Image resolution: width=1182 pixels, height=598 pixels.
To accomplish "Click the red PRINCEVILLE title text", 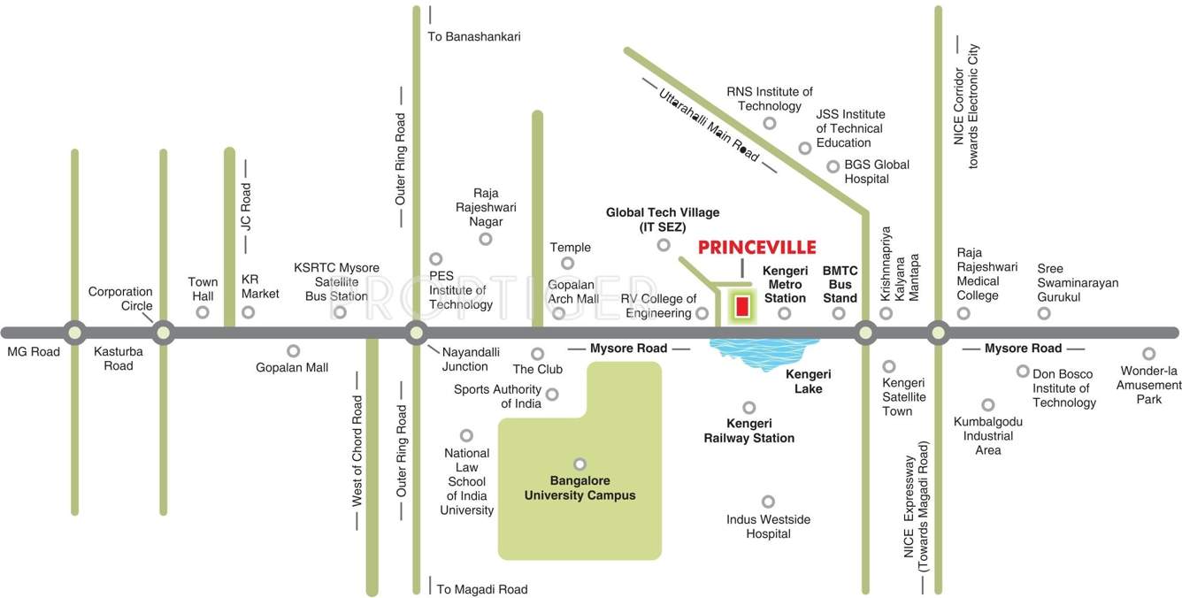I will [756, 248].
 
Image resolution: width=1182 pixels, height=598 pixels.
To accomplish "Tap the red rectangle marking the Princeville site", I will [741, 307].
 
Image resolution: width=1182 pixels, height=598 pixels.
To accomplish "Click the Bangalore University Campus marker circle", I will [579, 464].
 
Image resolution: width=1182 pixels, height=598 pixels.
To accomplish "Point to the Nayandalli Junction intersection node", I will [416, 333].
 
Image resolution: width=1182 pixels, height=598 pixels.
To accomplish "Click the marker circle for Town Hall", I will [203, 311].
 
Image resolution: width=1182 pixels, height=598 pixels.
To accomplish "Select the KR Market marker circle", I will [249, 311].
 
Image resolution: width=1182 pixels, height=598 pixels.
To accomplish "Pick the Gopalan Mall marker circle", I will [293, 351].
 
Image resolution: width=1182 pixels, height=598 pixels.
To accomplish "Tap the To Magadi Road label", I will [481, 589].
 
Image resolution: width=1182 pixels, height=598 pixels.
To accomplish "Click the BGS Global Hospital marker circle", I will [833, 166].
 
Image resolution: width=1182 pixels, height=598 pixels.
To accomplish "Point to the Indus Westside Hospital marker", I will [768, 502].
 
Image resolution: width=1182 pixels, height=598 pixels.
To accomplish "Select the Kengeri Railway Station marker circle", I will [749, 408].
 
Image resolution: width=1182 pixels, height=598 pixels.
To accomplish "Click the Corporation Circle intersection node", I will [163, 333].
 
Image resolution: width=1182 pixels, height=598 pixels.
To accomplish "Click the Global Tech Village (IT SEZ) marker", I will [664, 245].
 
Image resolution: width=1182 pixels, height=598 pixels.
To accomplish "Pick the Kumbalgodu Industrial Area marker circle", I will [988, 404].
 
